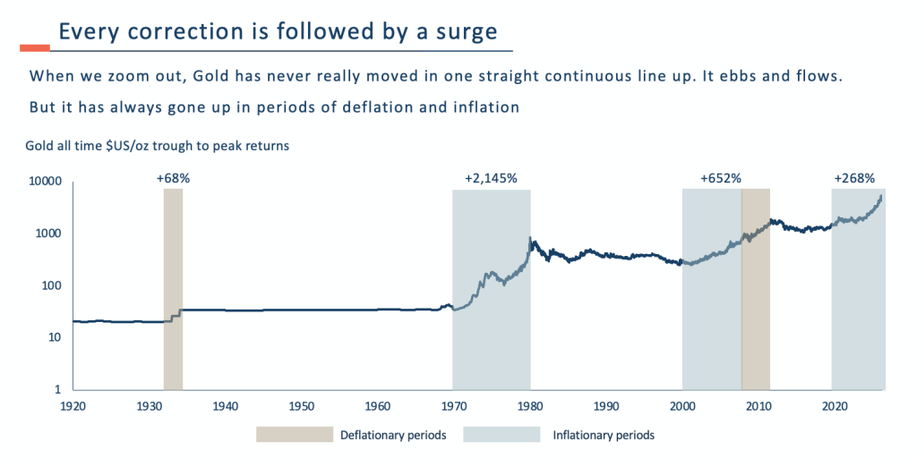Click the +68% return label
pyautogui.click(x=173, y=179)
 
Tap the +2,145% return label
pyautogui.click(x=491, y=179)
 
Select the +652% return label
pyautogui.click(x=721, y=179)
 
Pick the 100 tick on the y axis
pyautogui.click(x=51, y=286)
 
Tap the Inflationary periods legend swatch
pyautogui.click(x=501, y=436)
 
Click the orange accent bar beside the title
pyautogui.click(x=35, y=47)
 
